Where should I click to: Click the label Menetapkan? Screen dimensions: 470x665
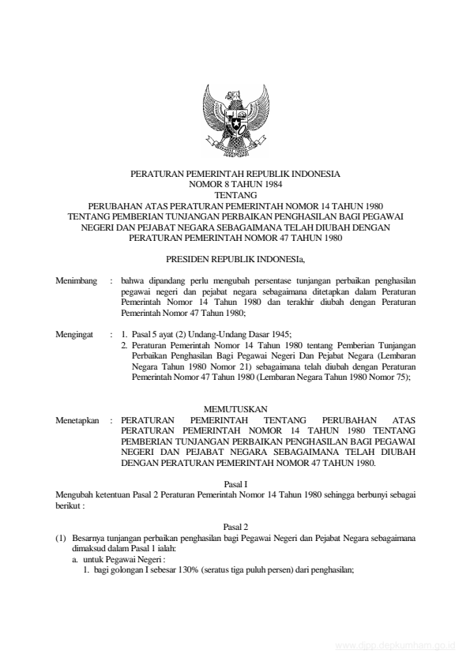point(77,422)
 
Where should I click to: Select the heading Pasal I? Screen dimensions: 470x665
point(235,483)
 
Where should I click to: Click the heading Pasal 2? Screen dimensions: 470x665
point(235,525)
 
